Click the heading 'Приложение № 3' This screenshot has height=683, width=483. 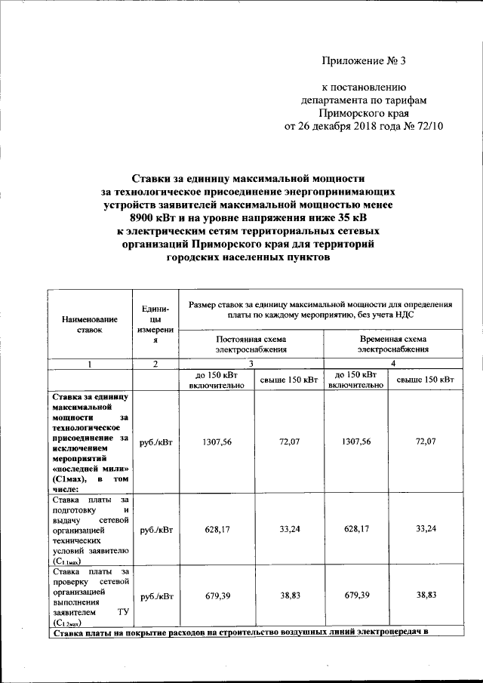coord(364,60)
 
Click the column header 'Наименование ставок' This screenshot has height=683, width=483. coord(88,324)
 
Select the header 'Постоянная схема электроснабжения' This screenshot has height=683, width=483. coord(251,344)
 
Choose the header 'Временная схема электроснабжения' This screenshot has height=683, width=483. coord(393,344)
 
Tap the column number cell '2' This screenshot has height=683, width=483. coord(155,364)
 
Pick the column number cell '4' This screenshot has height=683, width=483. coord(393,364)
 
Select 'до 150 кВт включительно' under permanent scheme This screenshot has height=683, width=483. coord(216,380)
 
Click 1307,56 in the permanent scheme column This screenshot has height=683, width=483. coord(217,441)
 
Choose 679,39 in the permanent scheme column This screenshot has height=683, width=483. coord(217,595)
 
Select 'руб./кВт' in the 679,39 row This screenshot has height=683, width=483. coord(155,595)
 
